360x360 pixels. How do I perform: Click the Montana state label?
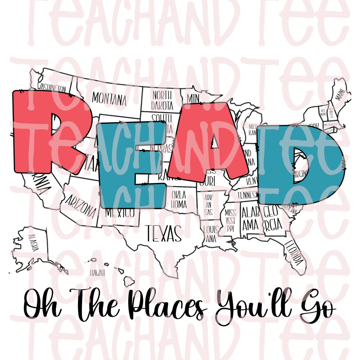[x=109, y=98]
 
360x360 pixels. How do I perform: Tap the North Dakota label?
[x=162, y=100]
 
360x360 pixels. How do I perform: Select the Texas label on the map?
[x=163, y=233]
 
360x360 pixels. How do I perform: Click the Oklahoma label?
[x=179, y=199]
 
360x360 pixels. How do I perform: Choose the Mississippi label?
[x=230, y=220]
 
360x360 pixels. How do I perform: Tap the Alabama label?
[x=250, y=218]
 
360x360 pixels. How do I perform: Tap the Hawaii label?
[x=97, y=273]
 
